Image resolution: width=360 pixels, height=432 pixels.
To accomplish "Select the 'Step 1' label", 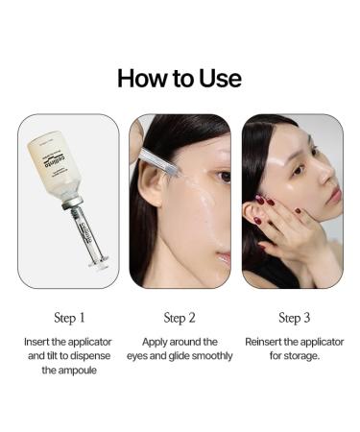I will tap(68, 318).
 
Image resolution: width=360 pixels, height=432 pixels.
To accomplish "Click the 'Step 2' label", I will tap(180, 318).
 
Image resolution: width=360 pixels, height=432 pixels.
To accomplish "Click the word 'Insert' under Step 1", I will tap(40, 342).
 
